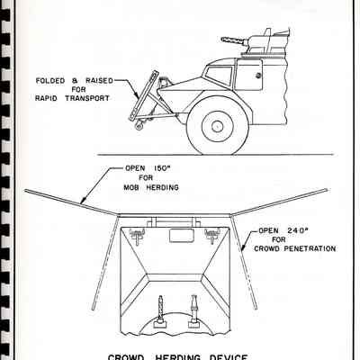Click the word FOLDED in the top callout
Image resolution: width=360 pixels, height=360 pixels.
tap(50, 81)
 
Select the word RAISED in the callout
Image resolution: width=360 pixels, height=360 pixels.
tap(99, 81)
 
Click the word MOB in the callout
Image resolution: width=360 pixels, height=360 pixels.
tap(131, 188)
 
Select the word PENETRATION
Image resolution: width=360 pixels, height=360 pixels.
tap(310, 248)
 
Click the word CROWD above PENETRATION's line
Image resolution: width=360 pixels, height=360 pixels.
tap(267, 248)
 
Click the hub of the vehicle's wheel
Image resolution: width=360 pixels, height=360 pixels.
tap(217, 126)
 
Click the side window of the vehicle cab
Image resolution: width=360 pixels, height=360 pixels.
tap(219, 75)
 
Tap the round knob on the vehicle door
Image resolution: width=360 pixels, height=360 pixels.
tap(258, 76)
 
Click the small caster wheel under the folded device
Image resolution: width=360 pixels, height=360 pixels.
tap(139, 126)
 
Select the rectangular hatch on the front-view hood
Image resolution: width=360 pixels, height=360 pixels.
tap(181, 235)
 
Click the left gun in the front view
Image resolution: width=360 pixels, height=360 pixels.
tap(161, 311)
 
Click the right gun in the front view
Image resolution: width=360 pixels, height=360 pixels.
tap(193, 311)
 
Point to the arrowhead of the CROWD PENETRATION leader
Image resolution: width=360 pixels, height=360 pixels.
tap(243, 247)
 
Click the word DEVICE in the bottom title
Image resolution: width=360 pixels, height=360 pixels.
tap(228, 357)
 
